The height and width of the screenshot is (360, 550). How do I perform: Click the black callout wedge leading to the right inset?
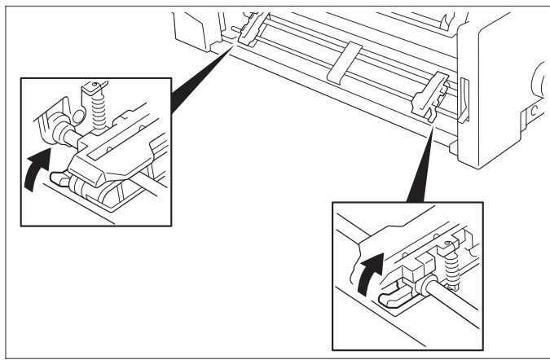[416, 163]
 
